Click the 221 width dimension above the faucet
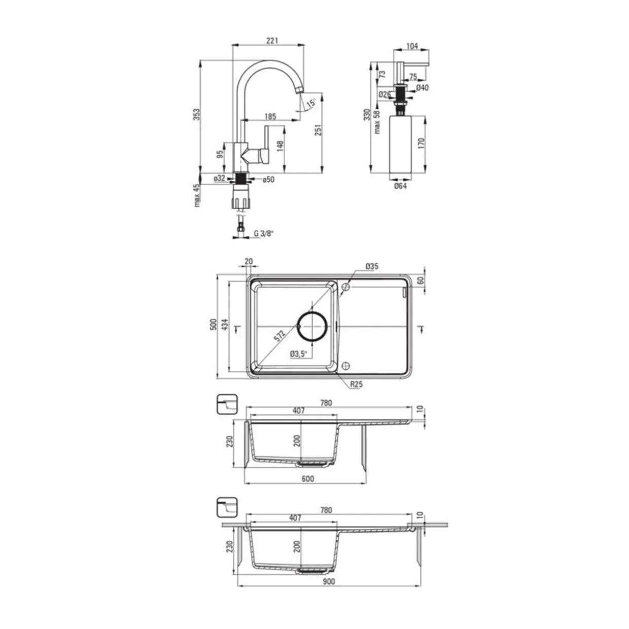coord(272,41)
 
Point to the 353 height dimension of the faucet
coord(196,115)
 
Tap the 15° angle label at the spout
coord(311,102)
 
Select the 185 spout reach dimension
coord(270,116)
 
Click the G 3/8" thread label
coord(264,233)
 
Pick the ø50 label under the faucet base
coord(269,179)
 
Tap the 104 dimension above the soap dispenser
coord(412,46)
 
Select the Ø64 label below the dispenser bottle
coord(400,186)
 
